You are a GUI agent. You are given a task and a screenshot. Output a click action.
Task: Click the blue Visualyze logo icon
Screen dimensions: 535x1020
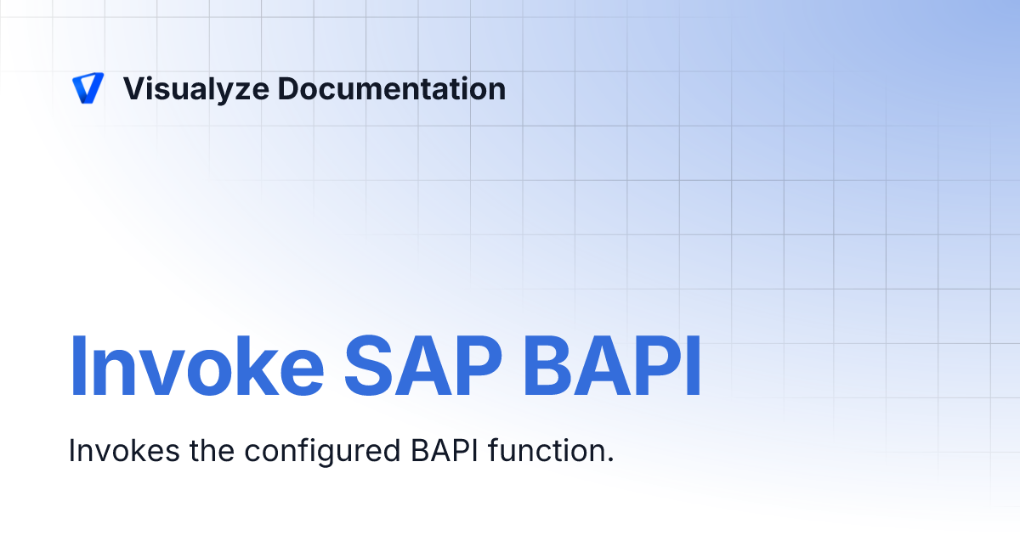88,88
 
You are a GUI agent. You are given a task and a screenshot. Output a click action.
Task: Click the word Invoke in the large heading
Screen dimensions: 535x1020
196,368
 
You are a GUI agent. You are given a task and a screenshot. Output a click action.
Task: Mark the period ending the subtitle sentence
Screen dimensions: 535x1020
609,459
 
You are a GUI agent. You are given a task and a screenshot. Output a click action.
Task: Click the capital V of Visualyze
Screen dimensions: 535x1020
133,88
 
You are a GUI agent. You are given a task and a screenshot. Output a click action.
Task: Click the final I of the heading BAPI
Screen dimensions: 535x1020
694,368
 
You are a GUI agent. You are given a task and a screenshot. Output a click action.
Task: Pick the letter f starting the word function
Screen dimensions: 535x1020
494,451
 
